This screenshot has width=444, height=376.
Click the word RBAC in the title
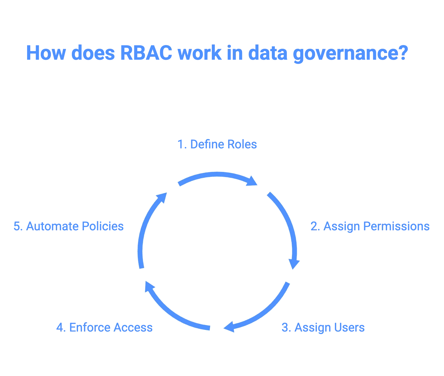[x=146, y=52]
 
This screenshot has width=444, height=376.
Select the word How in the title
[x=46, y=52]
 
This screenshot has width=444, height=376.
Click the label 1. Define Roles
[x=217, y=145]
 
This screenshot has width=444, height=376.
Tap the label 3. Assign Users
[x=323, y=327]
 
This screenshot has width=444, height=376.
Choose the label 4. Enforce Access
[x=104, y=327]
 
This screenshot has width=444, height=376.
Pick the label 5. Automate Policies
[x=68, y=226]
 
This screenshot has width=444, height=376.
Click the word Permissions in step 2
[x=396, y=226]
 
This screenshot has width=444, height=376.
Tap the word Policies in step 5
[x=103, y=226]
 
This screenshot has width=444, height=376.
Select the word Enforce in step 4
[x=90, y=327]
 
